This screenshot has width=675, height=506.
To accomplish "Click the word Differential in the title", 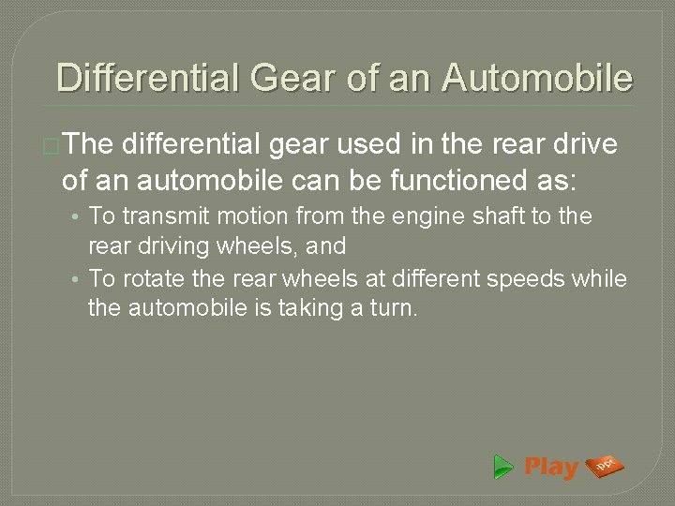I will click(x=148, y=77).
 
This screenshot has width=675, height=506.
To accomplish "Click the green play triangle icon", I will click(x=504, y=467).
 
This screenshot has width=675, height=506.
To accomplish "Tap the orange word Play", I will click(x=551, y=467).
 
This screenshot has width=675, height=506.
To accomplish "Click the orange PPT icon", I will click(x=605, y=466).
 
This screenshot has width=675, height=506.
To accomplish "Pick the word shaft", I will click(x=457, y=216).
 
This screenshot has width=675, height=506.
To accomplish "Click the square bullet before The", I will click(x=54, y=145).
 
